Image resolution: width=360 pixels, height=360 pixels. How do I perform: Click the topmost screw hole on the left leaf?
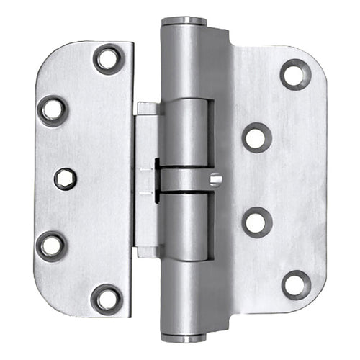tap(109, 59)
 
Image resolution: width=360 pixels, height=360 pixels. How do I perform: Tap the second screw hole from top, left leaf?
tap(53, 110)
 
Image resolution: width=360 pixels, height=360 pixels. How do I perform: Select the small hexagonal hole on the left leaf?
tap(65, 178)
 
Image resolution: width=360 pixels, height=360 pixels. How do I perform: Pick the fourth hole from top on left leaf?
tap(51, 246)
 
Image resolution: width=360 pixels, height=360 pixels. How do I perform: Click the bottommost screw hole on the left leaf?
tap(107, 298)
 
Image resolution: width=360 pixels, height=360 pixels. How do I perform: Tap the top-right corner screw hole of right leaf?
tap(295, 74)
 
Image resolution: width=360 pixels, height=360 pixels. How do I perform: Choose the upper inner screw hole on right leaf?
tap(256, 137)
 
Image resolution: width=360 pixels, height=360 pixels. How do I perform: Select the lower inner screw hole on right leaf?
tap(256, 222)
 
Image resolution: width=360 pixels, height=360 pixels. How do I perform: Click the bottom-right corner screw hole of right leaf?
tap(295, 284)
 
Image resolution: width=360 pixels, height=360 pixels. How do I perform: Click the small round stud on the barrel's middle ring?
tap(215, 179)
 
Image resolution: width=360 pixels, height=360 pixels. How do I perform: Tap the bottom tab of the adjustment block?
tap(147, 252)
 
